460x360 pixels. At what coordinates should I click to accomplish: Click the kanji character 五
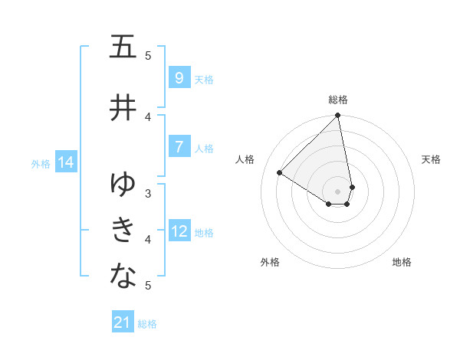click(123, 47)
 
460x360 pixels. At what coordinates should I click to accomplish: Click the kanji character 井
click(123, 107)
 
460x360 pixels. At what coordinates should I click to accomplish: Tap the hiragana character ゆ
click(123, 184)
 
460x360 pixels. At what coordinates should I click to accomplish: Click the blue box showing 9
click(179, 78)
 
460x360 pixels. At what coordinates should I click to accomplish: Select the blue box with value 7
click(179, 147)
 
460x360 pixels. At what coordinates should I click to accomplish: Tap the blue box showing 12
click(179, 231)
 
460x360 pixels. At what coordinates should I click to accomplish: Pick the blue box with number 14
click(65, 162)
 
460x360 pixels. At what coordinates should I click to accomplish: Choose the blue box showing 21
click(123, 322)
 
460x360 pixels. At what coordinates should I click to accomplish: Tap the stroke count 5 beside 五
click(148, 55)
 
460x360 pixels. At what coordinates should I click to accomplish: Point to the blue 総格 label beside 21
click(147, 324)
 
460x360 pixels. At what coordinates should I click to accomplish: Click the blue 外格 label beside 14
click(41, 163)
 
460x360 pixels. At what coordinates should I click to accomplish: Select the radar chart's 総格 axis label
click(338, 100)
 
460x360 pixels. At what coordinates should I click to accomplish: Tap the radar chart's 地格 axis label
click(402, 262)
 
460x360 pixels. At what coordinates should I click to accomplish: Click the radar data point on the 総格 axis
click(338, 116)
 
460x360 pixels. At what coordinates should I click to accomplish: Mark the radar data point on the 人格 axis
click(280, 173)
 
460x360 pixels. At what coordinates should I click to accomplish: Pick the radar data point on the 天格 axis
click(352, 187)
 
